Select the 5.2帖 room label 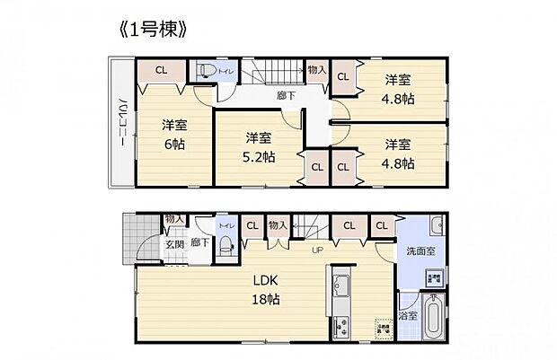259,147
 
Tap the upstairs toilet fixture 205,72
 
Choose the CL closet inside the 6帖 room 160,71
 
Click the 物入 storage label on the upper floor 315,69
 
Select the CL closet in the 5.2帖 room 318,167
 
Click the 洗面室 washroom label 420,250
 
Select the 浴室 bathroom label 407,316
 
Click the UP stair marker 317,250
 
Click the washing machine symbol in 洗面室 433,278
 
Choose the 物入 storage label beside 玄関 173,218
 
